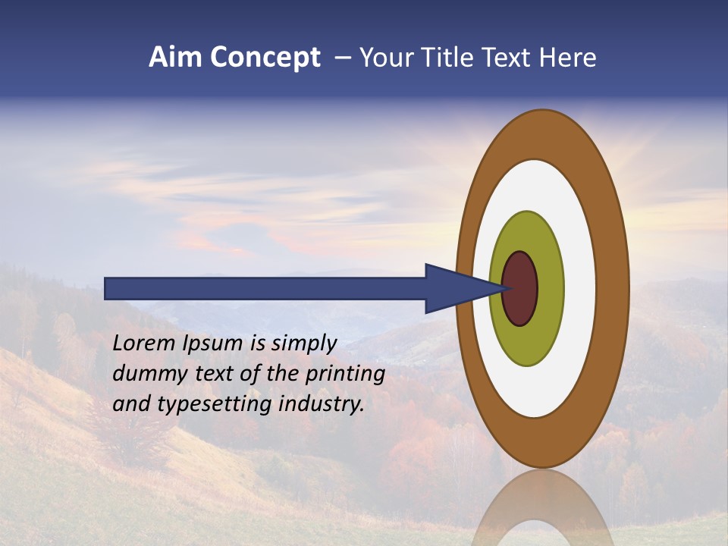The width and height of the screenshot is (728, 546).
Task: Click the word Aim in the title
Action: point(175,58)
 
